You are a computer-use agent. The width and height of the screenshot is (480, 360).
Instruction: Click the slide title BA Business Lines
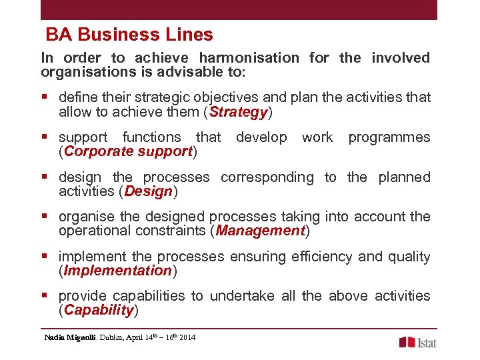coord(129,35)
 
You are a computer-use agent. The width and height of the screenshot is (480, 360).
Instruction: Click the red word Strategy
coord(238,112)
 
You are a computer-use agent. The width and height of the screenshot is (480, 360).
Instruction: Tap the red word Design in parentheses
coord(148,191)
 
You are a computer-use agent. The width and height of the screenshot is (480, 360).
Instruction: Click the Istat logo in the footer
coord(418,342)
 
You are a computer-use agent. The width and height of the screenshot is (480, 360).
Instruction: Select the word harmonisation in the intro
coord(249,58)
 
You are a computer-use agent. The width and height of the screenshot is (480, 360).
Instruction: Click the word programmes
coord(389,137)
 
